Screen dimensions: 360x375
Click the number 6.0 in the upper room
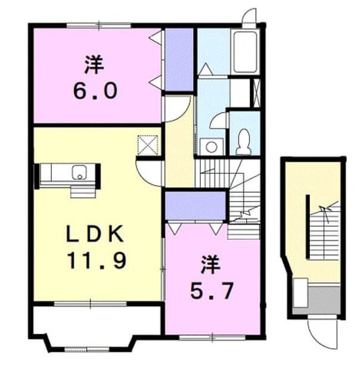pyautogui.click(x=95, y=90)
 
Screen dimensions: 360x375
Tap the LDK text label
pyautogui.click(x=95, y=233)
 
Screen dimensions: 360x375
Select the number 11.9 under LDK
pyautogui.click(x=97, y=261)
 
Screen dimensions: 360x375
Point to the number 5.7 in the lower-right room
pyautogui.click(x=212, y=291)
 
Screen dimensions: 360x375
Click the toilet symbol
pyautogui.click(x=244, y=142)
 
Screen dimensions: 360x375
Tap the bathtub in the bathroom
pyautogui.click(x=245, y=52)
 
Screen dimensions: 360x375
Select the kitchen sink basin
pyautogui.click(x=80, y=172)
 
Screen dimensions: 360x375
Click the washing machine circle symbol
pyautogui.click(x=212, y=146)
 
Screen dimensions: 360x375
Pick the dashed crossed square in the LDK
pyautogui.click(x=148, y=145)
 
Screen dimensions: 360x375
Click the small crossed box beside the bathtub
pyautogui.click(x=256, y=93)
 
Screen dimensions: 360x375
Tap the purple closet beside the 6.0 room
pyautogui.click(x=179, y=60)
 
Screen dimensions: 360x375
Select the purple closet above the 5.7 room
pyautogui.click(x=195, y=206)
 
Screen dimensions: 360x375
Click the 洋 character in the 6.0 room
pyautogui.click(x=94, y=64)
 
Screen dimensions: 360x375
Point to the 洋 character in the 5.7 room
pyautogui.click(x=210, y=264)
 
